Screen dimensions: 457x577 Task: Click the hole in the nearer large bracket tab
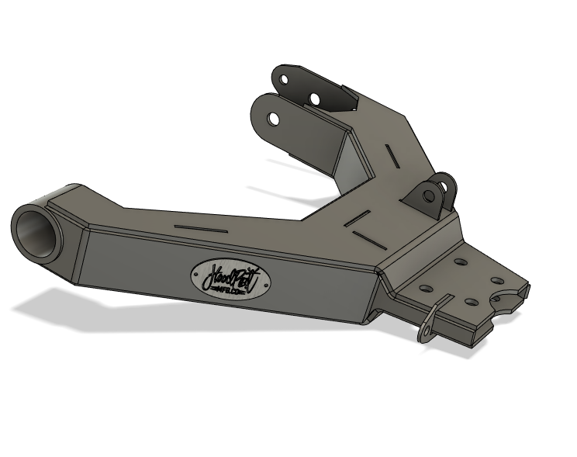coord(274,119)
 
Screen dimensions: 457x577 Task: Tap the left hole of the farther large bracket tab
coord(285,80)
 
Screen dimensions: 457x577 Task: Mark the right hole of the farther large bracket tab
coord(314,98)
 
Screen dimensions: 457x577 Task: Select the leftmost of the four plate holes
coord(425,289)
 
